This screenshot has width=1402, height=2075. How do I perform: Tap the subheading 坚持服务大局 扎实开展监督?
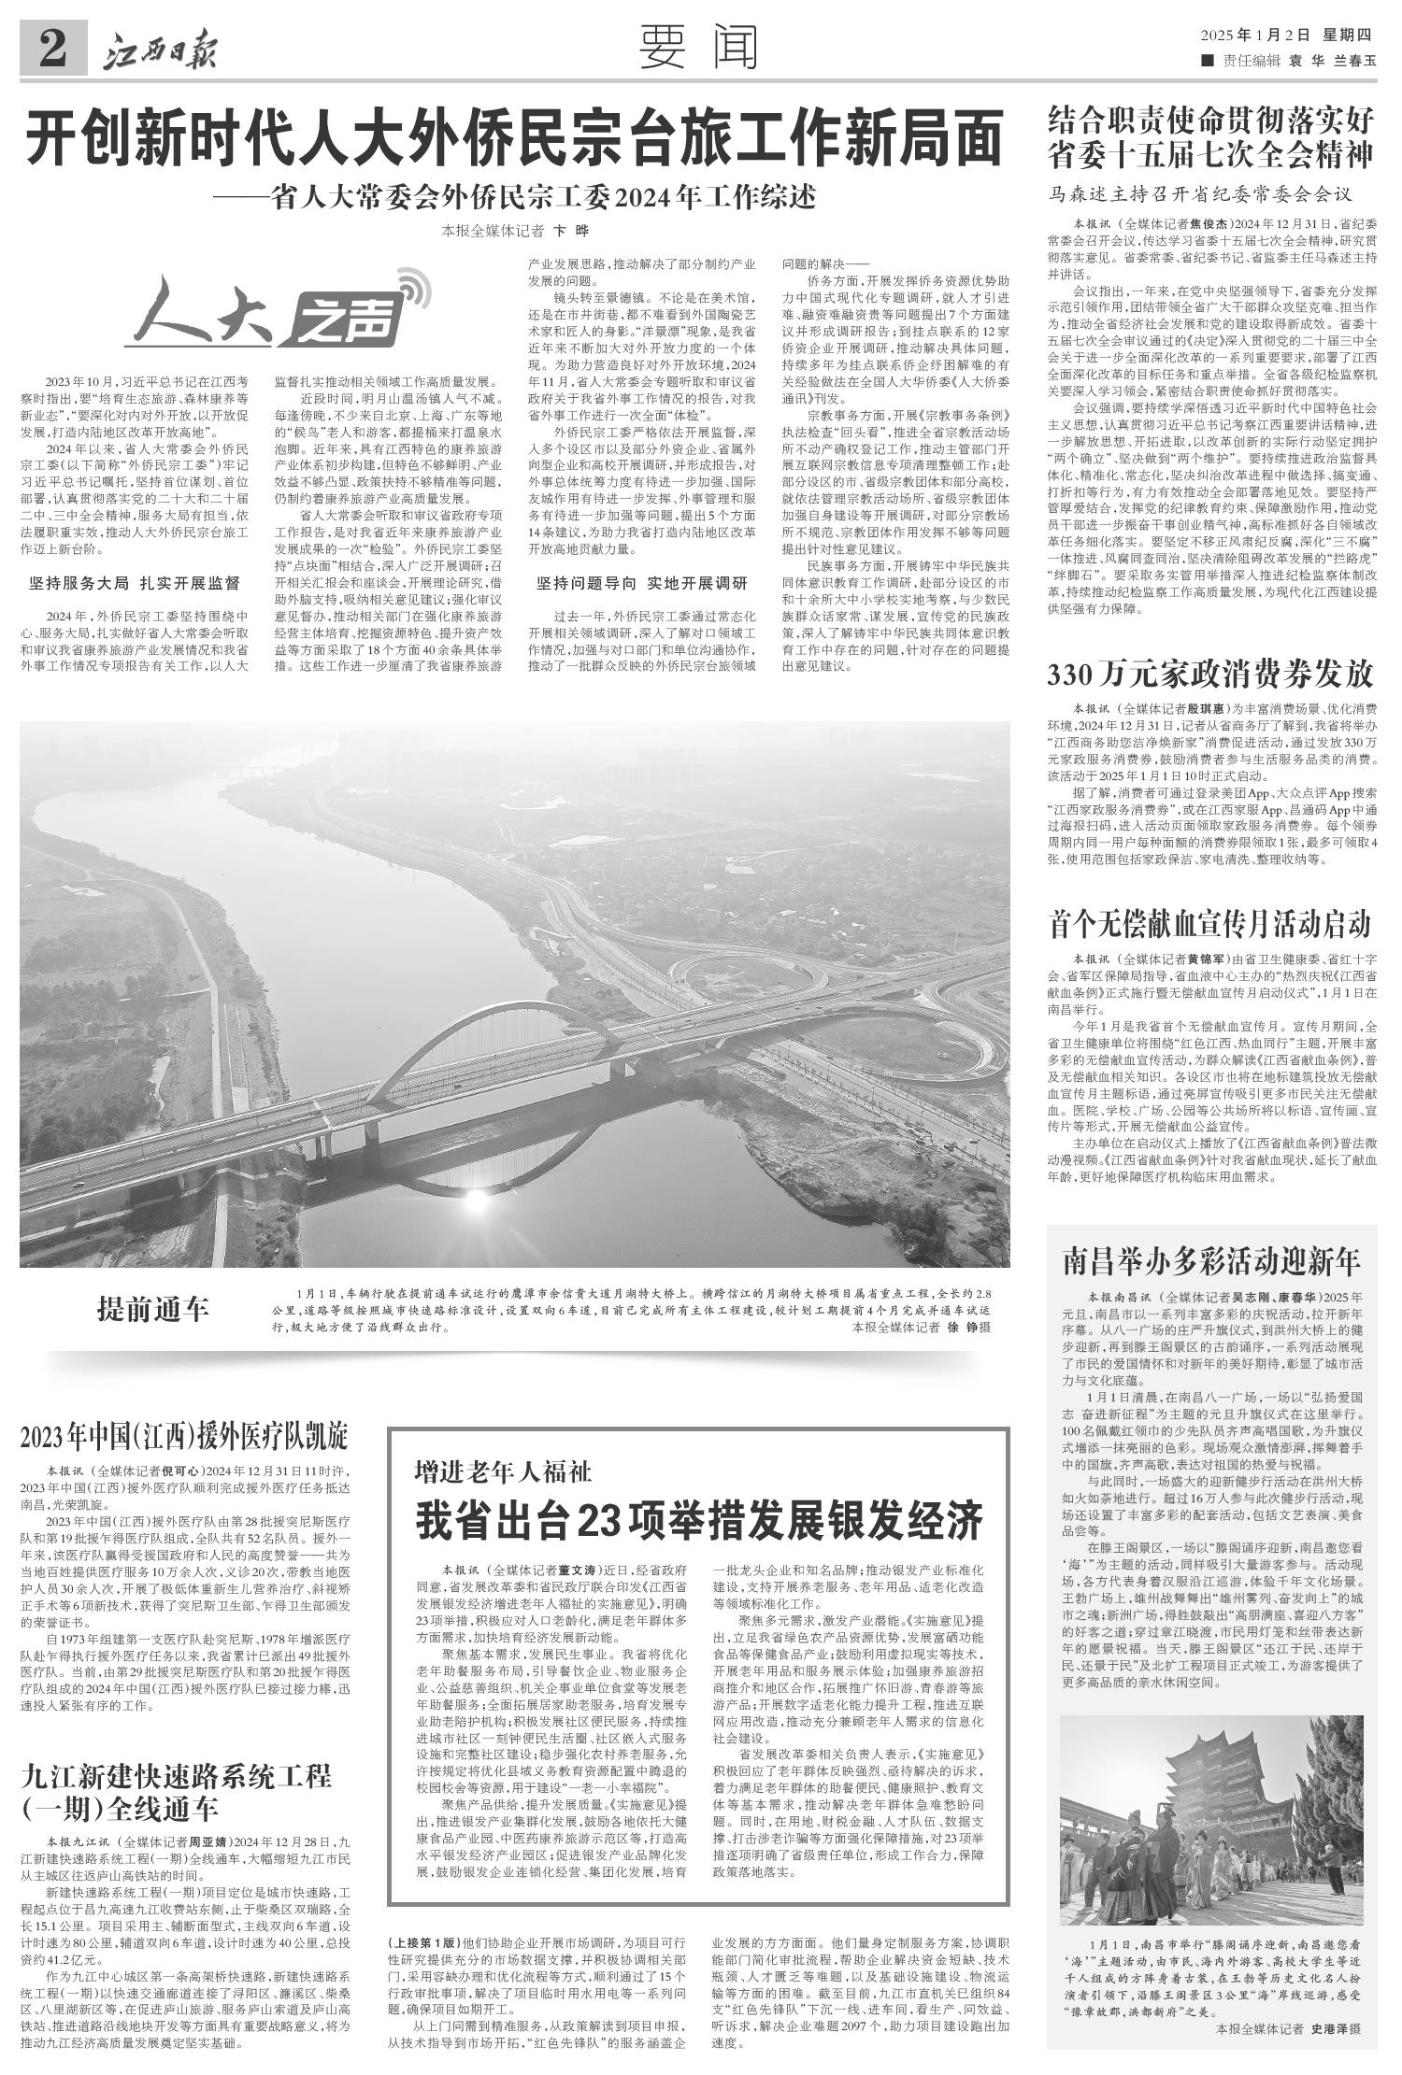135,584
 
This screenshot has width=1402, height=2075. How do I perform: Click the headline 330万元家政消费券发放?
1209,672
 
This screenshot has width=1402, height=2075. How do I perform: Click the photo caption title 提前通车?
154,1310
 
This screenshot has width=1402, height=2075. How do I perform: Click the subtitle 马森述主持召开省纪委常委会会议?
1200,194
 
